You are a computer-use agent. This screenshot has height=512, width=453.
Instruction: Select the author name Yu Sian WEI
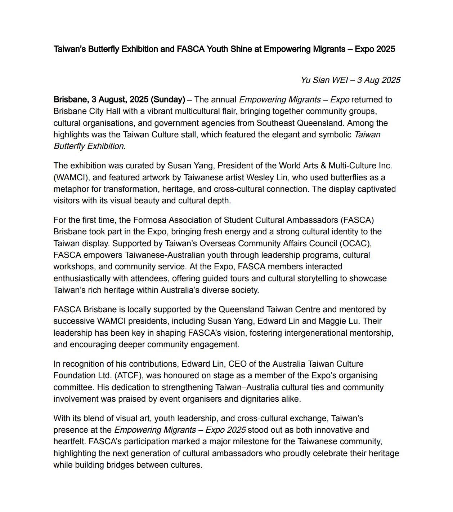pyautogui.click(x=324, y=80)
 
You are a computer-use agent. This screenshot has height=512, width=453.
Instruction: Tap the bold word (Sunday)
pyautogui.click(x=168, y=100)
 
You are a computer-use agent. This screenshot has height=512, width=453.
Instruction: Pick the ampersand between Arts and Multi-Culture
pyautogui.click(x=323, y=165)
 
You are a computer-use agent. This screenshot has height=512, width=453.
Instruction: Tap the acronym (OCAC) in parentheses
pyautogui.click(x=355, y=243)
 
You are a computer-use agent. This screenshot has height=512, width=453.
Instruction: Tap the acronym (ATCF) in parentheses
pyautogui.click(x=129, y=375)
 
